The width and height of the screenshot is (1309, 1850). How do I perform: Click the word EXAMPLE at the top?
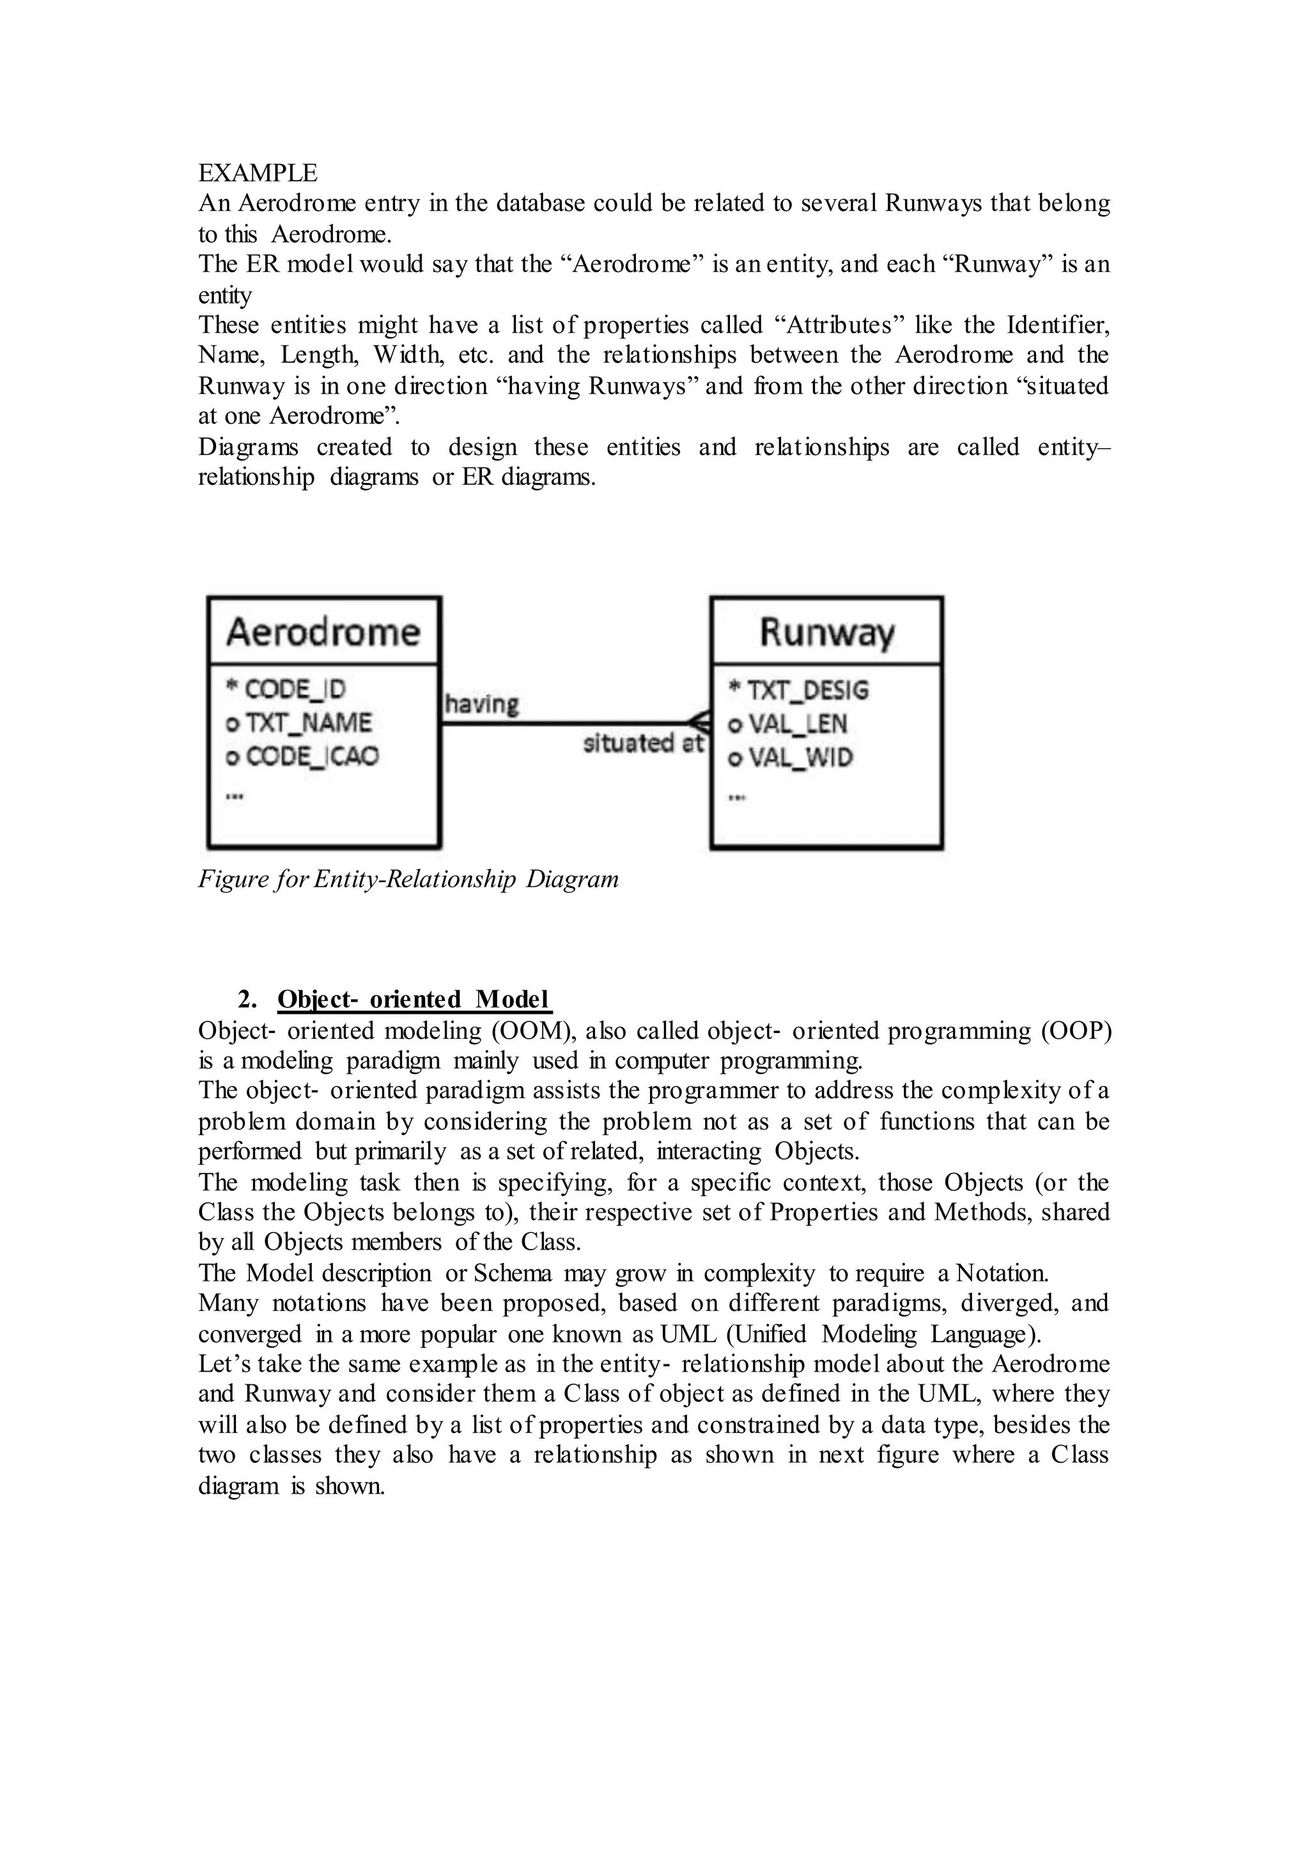(258, 172)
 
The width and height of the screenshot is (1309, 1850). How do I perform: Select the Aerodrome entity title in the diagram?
(323, 632)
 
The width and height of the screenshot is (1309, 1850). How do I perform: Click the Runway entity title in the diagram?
(827, 632)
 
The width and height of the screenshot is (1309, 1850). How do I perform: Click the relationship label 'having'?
(482, 704)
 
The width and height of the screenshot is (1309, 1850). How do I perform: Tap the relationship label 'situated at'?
(643, 743)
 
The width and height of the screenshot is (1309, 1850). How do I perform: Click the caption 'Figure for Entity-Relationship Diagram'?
(408, 878)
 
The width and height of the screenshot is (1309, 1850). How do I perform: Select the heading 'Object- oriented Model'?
(414, 999)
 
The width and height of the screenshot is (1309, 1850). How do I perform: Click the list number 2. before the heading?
(247, 999)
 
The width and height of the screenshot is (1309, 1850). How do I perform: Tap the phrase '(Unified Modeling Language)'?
(883, 1333)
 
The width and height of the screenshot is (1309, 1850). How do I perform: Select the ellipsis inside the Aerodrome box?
(235, 796)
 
